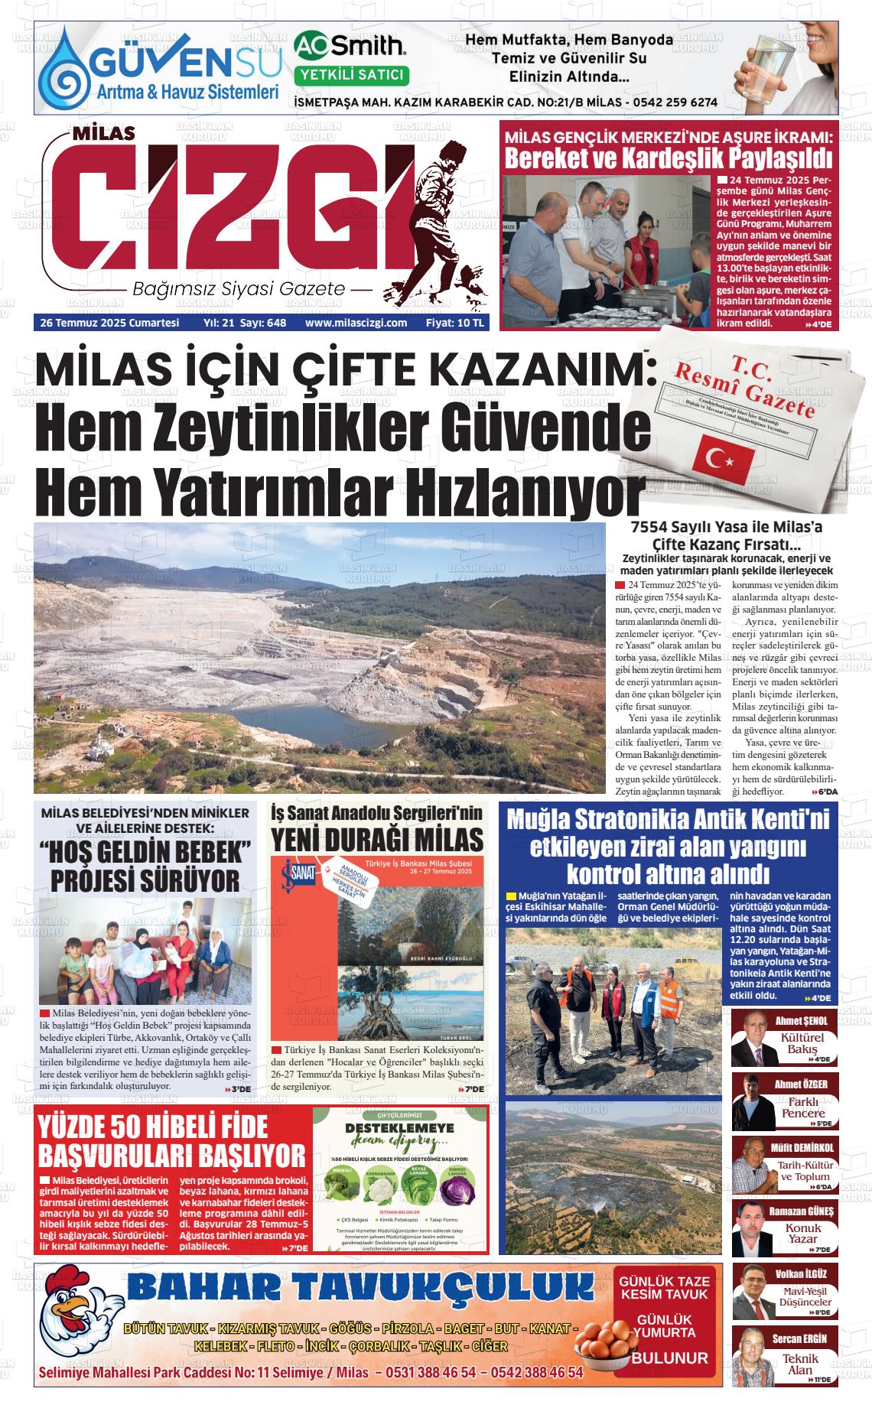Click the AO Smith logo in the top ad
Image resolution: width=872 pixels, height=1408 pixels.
(x=351, y=47)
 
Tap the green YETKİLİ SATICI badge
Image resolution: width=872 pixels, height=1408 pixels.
(x=351, y=75)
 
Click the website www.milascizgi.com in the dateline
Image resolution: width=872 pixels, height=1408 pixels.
(x=356, y=323)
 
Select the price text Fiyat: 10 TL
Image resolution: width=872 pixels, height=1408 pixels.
(x=455, y=323)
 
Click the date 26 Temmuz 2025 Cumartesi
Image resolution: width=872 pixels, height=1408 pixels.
(x=110, y=323)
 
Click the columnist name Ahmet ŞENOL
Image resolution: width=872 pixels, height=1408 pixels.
(x=802, y=1020)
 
